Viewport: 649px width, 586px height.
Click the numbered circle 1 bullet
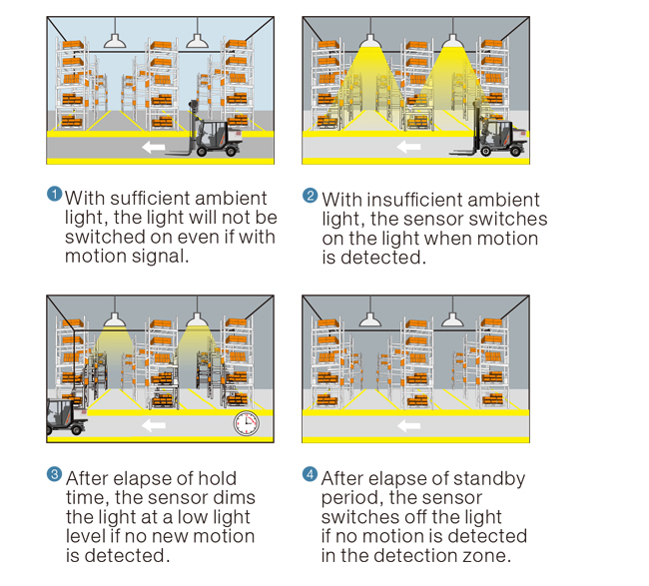(55, 194)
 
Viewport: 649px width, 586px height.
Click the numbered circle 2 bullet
(311, 196)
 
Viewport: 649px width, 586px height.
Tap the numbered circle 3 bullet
(55, 474)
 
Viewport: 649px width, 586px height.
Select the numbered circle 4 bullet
(311, 474)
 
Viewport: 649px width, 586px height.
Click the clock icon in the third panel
(245, 422)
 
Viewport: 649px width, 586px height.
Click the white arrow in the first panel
(153, 148)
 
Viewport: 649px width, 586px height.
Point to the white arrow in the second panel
(409, 148)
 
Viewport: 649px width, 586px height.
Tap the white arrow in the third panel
(153, 425)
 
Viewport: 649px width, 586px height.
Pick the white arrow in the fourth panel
(409, 425)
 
